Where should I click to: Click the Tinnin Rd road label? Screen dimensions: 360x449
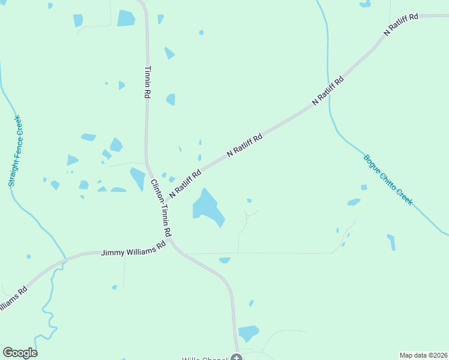[147, 82]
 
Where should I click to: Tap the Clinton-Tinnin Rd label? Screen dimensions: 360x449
[161, 207]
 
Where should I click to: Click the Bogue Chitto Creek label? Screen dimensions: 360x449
[388, 180]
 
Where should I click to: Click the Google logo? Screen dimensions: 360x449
[20, 353]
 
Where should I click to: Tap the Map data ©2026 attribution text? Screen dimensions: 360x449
[424, 355]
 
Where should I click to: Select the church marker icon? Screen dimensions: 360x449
[237, 358]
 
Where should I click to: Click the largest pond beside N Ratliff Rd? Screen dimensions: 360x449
[207, 208]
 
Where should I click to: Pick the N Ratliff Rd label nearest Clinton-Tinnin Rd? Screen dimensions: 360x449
[185, 184]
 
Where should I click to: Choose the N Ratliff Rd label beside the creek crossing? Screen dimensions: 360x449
[328, 91]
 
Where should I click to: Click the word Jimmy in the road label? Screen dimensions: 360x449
[111, 253]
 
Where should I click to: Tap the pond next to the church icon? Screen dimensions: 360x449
[247, 332]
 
